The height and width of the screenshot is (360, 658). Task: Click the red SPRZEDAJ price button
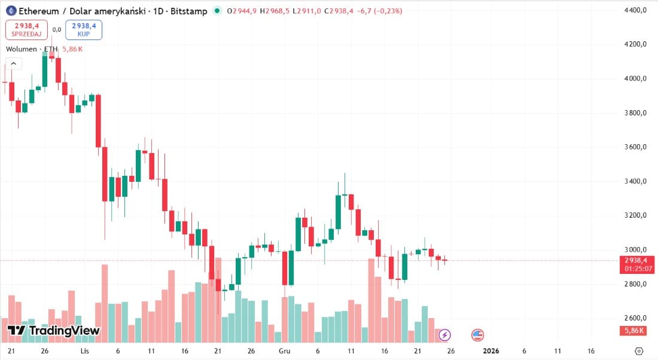coord(26,29)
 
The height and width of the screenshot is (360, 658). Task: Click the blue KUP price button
coord(84,29)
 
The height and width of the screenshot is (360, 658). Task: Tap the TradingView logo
coord(53,331)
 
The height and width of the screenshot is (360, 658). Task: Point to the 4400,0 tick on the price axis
coord(634,11)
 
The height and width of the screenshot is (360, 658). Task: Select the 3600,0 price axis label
coord(634,147)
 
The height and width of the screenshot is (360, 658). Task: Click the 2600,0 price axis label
coord(634,318)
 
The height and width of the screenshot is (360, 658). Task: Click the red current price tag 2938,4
coord(638,261)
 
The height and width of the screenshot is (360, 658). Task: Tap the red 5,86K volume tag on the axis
coord(635,331)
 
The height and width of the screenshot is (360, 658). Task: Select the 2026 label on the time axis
coord(491,350)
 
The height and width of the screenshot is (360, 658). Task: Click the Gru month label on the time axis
coord(284,350)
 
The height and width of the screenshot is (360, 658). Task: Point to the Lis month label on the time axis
coord(84,350)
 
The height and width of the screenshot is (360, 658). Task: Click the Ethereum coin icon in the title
coord(10,11)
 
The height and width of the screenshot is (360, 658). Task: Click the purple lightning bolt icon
coord(445,335)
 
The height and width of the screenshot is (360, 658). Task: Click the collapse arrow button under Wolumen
coord(14,63)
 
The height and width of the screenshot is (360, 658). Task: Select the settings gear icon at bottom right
coord(639,350)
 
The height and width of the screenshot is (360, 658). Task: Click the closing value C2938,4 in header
coord(339,11)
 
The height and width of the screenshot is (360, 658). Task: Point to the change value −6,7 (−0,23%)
coord(380,11)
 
